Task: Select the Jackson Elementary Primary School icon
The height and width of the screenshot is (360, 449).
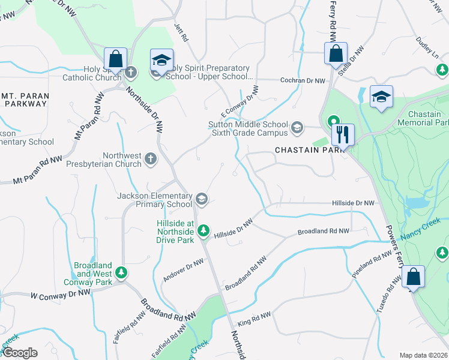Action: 202,199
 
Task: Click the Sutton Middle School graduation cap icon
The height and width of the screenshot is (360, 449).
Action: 297,127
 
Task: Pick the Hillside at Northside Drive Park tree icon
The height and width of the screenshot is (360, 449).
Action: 204,229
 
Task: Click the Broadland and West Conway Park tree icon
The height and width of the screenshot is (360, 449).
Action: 121,274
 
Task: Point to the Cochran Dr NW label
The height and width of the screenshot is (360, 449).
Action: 303,80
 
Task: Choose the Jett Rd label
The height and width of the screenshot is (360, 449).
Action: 181,34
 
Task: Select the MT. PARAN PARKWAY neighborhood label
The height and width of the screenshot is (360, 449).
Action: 25,100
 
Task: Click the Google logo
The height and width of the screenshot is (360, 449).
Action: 19,353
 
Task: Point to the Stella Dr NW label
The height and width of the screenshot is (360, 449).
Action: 352,62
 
